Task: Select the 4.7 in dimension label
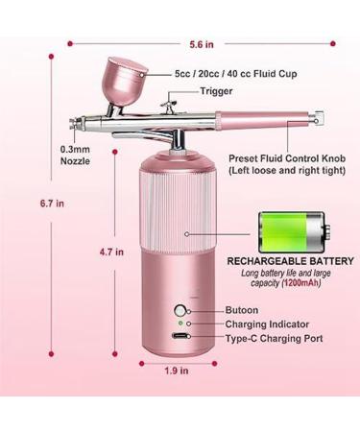112,253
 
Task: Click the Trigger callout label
216,91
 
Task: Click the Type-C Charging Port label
274,339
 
